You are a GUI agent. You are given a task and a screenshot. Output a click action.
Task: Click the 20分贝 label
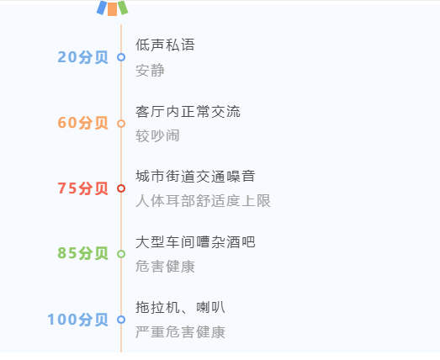pos(82,57)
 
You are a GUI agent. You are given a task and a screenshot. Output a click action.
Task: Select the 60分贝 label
pos(82,123)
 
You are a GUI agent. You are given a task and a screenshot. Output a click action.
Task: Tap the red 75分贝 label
pos(82,188)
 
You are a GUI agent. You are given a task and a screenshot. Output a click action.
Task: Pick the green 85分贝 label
pos(82,253)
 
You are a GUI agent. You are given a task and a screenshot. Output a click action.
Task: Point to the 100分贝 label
pos(77,320)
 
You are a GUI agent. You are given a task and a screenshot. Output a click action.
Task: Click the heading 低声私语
pos(165,45)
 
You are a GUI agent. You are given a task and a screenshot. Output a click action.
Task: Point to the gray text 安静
pos(150,70)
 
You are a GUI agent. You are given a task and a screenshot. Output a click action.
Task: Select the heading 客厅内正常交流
pos(188,111)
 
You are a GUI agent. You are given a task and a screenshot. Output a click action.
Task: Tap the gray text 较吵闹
pos(157,135)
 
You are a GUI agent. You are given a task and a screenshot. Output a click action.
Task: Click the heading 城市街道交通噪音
pos(195,176)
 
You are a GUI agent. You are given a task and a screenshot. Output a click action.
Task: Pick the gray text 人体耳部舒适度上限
pos(203,201)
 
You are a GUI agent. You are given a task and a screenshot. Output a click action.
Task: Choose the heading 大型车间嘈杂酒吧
pos(195,242)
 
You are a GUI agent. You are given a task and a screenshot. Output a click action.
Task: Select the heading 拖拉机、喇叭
pos(180,307)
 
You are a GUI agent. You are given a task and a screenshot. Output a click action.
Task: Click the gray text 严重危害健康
pos(180,332)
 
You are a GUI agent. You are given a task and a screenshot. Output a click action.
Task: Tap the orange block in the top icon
pos(112,9)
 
